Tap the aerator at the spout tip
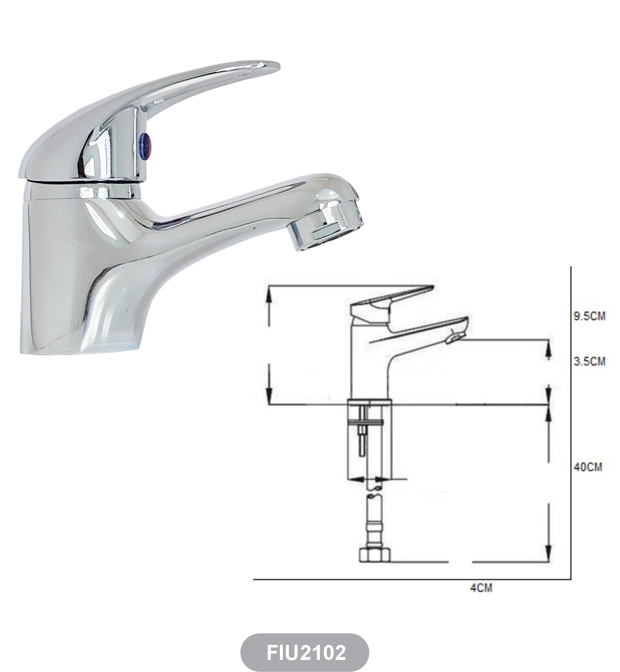tap(326, 228)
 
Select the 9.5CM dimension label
tap(589, 316)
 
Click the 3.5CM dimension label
tap(589, 361)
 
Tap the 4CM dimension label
tap(481, 588)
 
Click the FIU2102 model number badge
tap(305, 652)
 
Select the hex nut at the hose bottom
tap(374, 555)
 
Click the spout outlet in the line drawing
tap(456, 339)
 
